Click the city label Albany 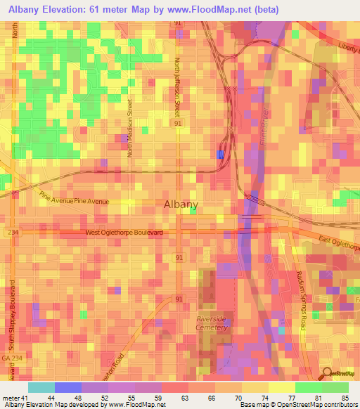(181, 204)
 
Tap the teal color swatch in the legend (41, 387)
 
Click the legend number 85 (345, 398)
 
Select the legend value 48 (78, 398)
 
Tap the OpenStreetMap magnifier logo (328, 375)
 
